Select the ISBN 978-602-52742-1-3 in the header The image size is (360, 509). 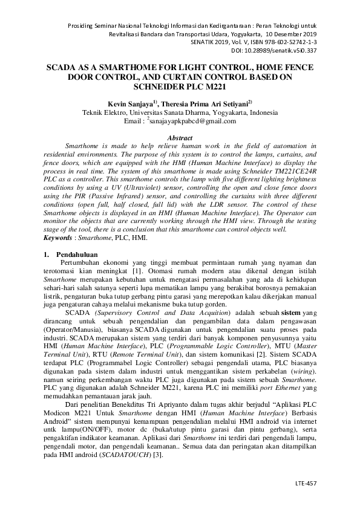point(289,43)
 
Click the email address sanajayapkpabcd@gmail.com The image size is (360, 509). point(195,122)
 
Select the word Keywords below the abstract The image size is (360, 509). point(59,238)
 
